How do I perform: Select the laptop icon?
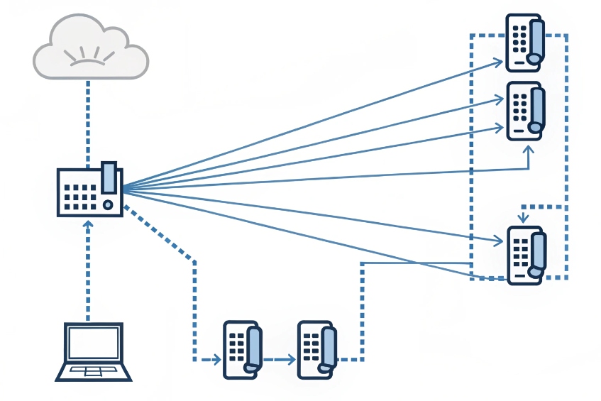(x=93, y=352)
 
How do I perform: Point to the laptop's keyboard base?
(x=93, y=372)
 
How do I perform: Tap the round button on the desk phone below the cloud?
(x=108, y=205)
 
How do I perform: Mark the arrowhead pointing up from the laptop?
(x=88, y=224)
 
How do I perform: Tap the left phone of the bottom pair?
(x=242, y=348)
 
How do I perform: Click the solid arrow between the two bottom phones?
(x=279, y=359)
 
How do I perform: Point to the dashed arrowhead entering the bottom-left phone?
(x=217, y=359)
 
